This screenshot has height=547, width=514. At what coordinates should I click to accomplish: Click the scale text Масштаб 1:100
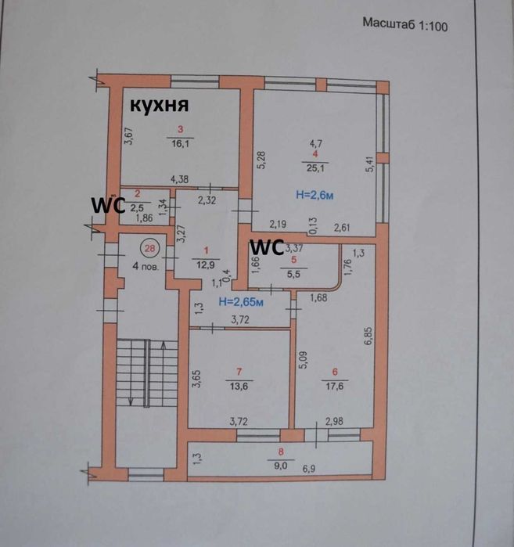point(406,23)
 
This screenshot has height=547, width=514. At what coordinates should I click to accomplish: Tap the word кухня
point(161,105)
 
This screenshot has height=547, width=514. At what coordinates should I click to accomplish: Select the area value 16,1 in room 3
point(180,142)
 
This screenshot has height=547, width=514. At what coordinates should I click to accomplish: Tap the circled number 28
point(149,249)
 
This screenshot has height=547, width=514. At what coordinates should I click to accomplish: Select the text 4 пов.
point(147,265)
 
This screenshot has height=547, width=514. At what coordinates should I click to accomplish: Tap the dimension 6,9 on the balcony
point(330,467)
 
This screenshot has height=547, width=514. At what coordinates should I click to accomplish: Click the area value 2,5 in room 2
point(137,206)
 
